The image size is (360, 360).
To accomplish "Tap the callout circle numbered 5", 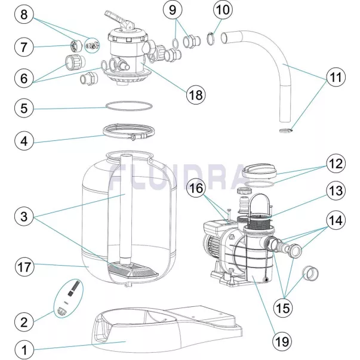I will tap(24, 108).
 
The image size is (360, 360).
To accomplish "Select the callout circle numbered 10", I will tap(221, 10).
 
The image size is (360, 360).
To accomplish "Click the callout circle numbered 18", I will tap(195, 94).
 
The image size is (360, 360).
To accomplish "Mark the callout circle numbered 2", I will tap(24, 322).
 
